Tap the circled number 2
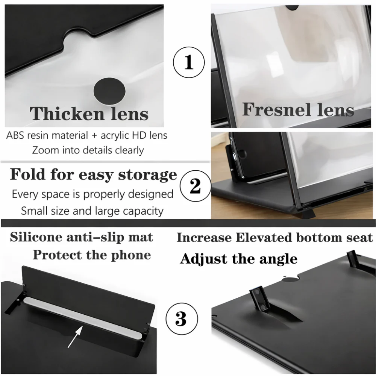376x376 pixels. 195,185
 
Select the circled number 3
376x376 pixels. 181,318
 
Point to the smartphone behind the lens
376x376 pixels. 256,156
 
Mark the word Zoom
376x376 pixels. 45,150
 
